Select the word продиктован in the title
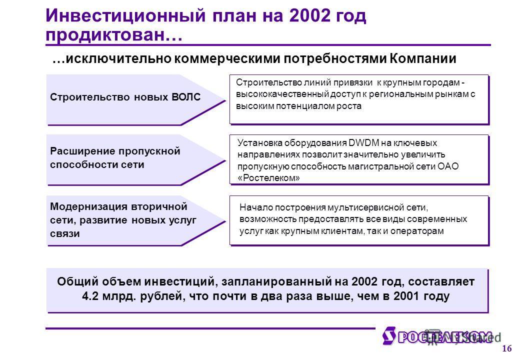(x=105, y=35)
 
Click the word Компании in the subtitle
(x=423, y=58)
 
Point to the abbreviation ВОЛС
(x=186, y=97)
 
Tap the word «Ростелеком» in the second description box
(x=268, y=178)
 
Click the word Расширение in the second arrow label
(x=83, y=151)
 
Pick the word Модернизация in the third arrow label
(x=88, y=207)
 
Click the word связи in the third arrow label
(x=65, y=233)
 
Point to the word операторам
(x=417, y=231)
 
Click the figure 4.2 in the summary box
(x=90, y=295)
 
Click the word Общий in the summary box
(x=78, y=282)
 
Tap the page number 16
(x=506, y=348)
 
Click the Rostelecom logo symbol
(x=388, y=335)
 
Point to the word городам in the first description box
(x=443, y=82)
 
